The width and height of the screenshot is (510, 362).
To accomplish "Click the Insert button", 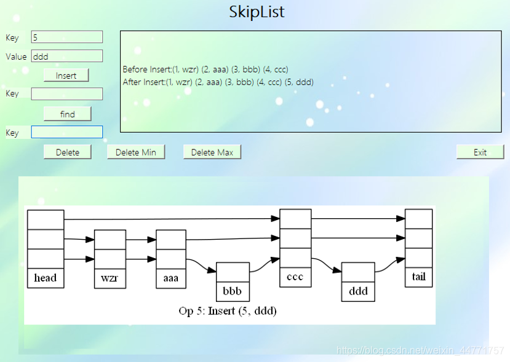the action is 66,75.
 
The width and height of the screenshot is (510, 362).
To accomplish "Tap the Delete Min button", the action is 136,152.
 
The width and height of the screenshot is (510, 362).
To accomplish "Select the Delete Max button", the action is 212,152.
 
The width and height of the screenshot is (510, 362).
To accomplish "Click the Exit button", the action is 480,152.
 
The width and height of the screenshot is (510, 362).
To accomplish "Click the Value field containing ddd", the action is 66,56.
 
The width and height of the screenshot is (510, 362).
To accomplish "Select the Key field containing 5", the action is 66,37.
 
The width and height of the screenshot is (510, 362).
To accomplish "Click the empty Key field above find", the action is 66,94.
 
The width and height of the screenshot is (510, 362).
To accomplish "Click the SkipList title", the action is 257,12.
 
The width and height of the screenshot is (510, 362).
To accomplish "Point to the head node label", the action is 46,278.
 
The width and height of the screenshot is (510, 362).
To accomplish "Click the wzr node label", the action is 110,278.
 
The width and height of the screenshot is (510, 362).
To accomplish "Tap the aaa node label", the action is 171,278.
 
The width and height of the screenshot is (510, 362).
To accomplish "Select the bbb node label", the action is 233,289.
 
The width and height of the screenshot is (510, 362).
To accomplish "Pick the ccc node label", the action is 295,277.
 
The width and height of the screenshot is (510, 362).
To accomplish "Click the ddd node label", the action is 358,289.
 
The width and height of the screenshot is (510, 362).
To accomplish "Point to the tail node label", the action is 418,277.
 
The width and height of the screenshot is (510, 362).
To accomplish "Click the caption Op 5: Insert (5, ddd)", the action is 228,311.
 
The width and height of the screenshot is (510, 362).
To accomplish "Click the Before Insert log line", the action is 205,69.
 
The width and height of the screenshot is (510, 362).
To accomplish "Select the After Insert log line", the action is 218,82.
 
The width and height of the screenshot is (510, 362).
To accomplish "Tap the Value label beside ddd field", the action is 16,57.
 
